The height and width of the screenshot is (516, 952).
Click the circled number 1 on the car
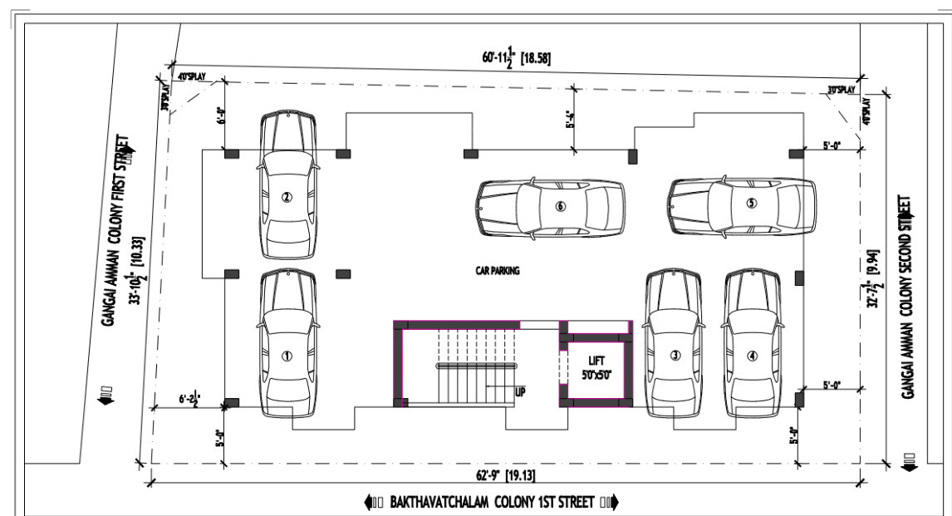click(287, 356)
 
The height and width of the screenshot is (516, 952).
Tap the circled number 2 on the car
click(287, 197)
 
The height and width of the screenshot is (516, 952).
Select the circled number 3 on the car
click(675, 356)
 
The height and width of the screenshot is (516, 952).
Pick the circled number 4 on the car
click(753, 356)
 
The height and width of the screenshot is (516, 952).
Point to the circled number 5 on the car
click(751, 203)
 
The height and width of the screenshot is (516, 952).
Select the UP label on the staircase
click(521, 391)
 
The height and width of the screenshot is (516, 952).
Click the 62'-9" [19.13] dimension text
click(493, 474)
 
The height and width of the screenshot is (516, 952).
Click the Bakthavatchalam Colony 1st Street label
click(493, 503)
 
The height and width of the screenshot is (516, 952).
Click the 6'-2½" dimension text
click(188, 400)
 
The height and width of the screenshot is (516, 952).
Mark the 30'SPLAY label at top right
click(841, 89)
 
